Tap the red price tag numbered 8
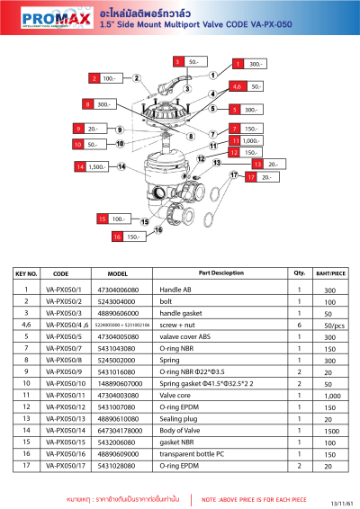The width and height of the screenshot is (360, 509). pos(88,105)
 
